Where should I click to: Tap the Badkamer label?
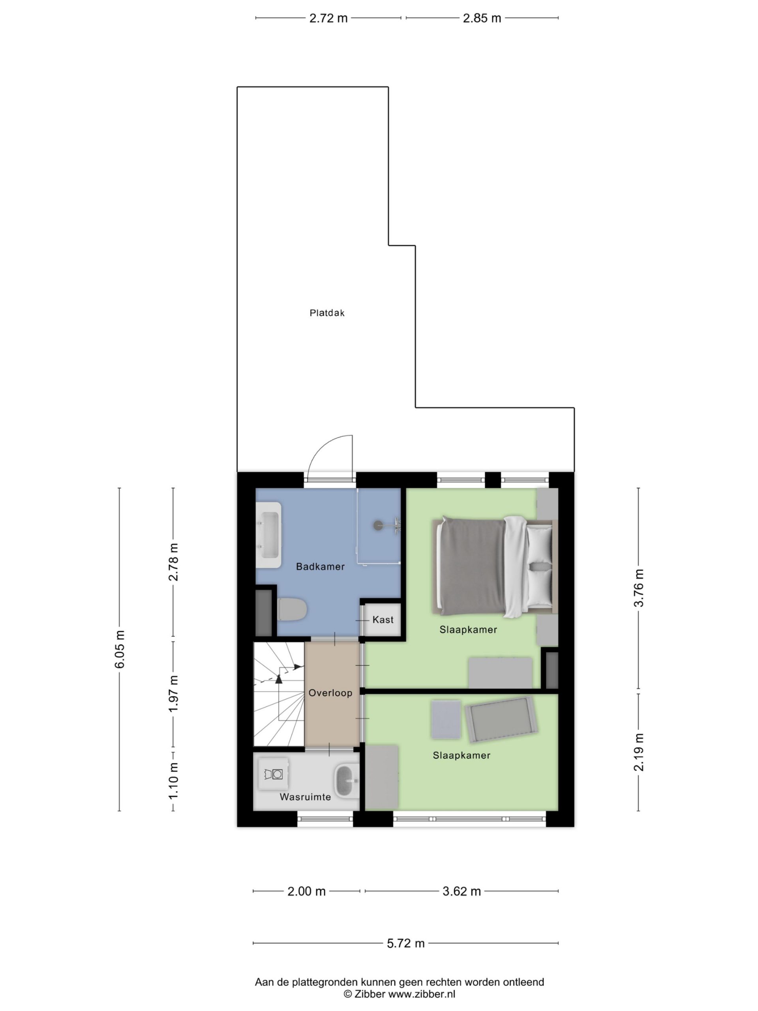point(320,567)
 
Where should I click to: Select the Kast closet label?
point(383,620)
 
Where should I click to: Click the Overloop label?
point(330,693)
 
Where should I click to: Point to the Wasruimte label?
point(305,797)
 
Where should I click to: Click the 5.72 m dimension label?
point(406,943)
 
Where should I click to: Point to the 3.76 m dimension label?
point(639,588)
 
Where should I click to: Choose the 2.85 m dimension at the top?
point(482,18)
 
